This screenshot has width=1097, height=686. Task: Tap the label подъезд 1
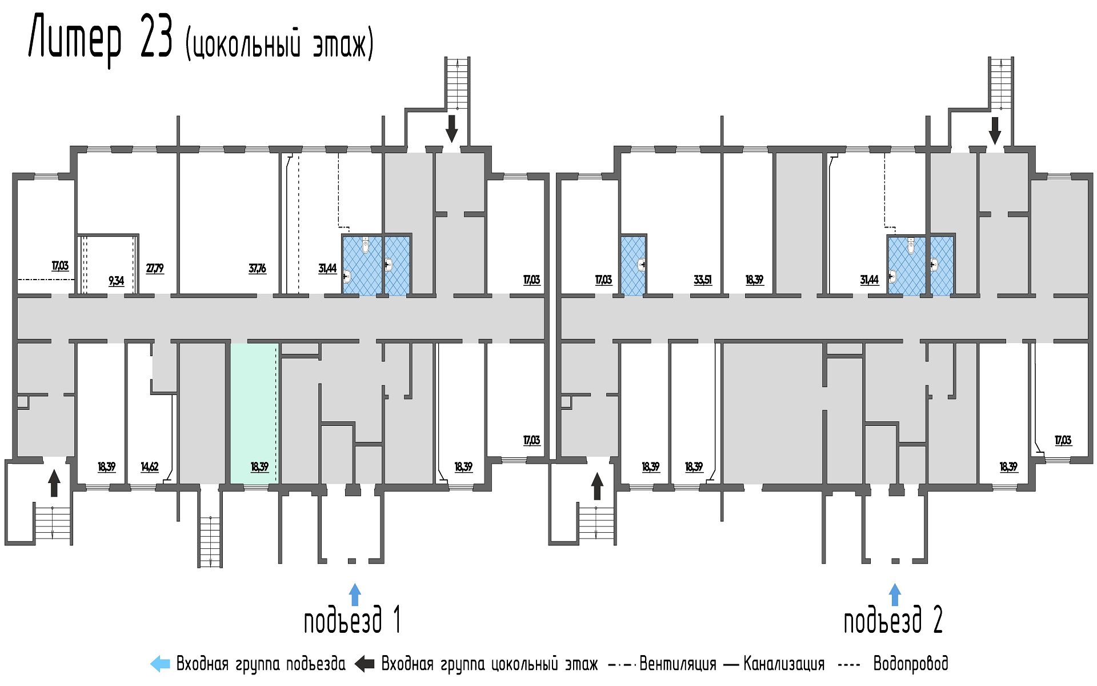point(352,620)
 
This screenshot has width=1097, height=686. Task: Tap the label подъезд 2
point(893,620)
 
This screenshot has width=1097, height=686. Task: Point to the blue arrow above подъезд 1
point(355,595)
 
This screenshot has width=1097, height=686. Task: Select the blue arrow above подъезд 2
point(895,595)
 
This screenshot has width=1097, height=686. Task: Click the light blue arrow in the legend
point(160,664)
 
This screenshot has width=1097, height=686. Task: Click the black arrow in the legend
point(364,664)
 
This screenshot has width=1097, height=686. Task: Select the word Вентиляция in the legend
point(678,664)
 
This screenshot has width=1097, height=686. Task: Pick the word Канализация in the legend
point(784,664)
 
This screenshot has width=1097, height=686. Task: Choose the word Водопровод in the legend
point(911,664)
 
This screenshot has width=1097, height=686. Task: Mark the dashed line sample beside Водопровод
point(848,665)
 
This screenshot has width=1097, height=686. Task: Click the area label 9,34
point(116,280)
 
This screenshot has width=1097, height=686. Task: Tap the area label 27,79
point(155,268)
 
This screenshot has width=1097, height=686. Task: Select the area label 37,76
point(257,268)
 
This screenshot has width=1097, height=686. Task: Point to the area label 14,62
point(150,466)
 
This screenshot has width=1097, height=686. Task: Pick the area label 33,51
point(703,280)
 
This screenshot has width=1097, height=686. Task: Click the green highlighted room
point(254,414)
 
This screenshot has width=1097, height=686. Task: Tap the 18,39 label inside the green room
point(259,466)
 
